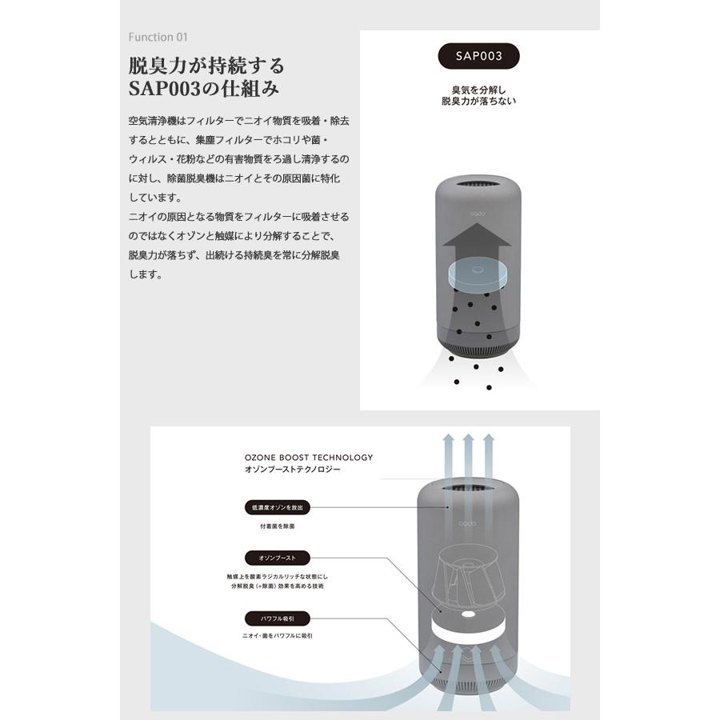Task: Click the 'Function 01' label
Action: tap(158, 37)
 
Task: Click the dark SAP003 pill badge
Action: tap(479, 57)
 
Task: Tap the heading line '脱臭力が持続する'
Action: tap(206, 66)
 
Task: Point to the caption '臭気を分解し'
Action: tap(478, 90)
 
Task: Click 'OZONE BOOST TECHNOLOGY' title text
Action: tap(309, 458)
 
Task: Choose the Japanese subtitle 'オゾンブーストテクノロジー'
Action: tap(292, 470)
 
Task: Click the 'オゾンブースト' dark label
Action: tap(275, 557)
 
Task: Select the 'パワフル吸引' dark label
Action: tap(275, 618)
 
